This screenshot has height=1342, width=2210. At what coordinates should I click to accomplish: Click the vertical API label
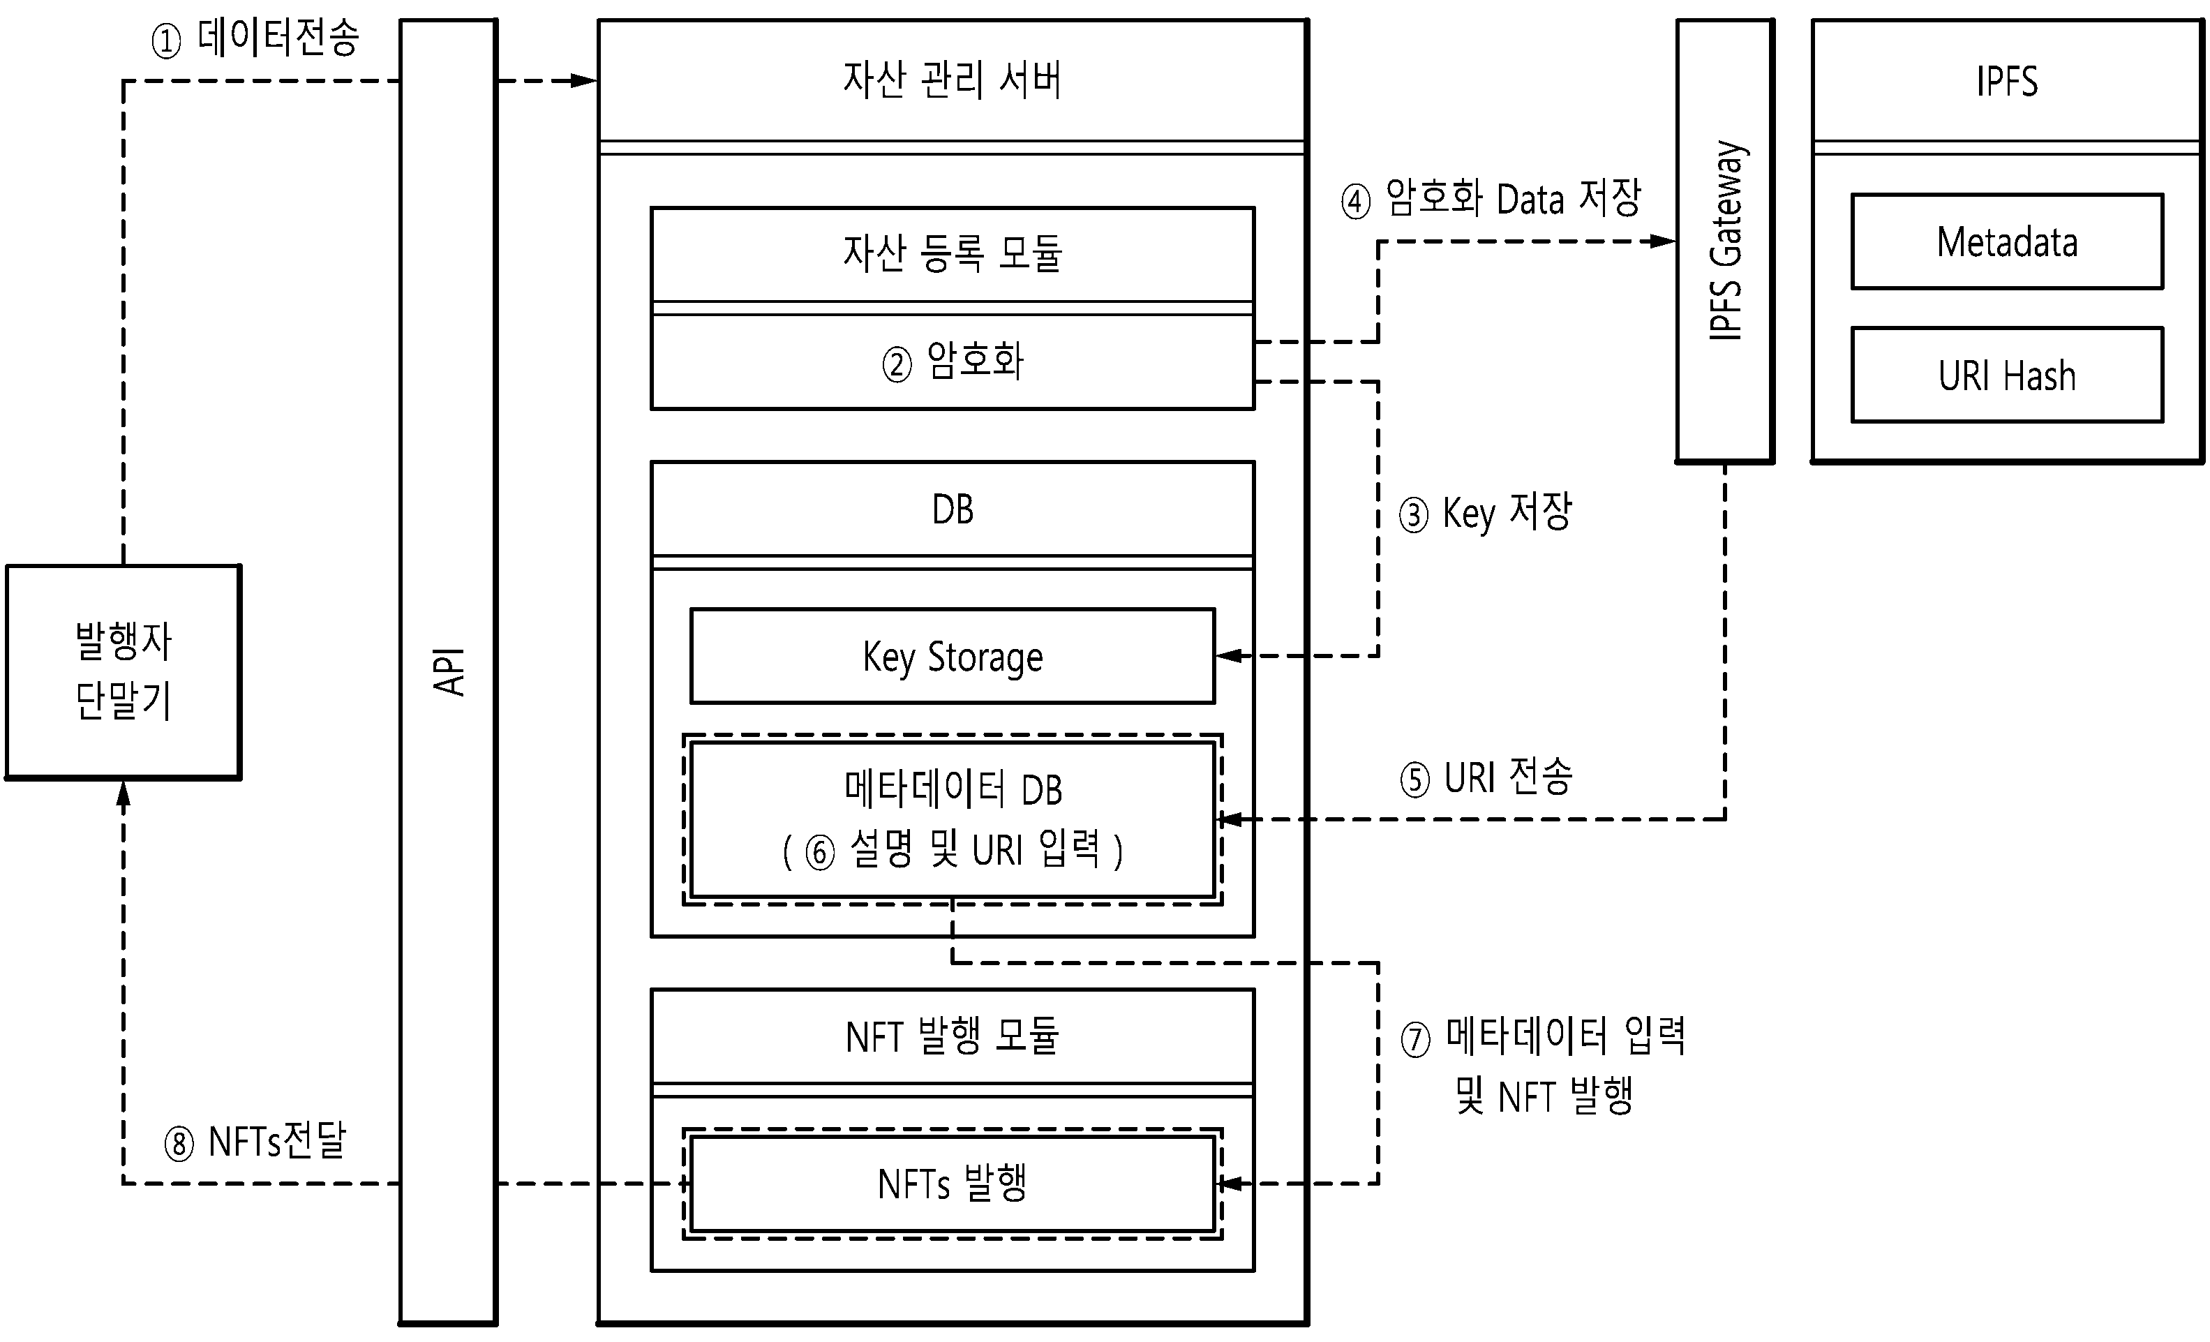pos(449,671)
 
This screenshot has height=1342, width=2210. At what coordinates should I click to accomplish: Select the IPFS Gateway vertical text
pos(1726,240)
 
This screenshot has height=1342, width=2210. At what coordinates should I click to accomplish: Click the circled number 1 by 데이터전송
pos(166,41)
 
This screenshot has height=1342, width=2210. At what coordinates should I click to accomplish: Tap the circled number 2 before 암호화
pos(897,364)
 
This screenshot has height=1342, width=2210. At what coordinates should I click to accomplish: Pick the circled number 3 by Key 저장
pos(1414,516)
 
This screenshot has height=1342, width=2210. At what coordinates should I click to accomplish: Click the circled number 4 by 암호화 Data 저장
pos(1355,201)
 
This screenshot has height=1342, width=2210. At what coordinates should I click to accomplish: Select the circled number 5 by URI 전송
pos(1414,780)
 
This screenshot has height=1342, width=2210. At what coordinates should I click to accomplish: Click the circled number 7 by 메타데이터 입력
pos(1415,1041)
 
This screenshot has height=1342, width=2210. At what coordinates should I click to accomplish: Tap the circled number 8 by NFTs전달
pos(179,1145)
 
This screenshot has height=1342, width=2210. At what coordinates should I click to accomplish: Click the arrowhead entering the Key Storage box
pos(1229,656)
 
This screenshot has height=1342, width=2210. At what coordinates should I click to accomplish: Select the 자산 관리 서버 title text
pos(952,79)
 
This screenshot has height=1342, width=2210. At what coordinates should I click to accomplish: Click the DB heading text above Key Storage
pos(953,509)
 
